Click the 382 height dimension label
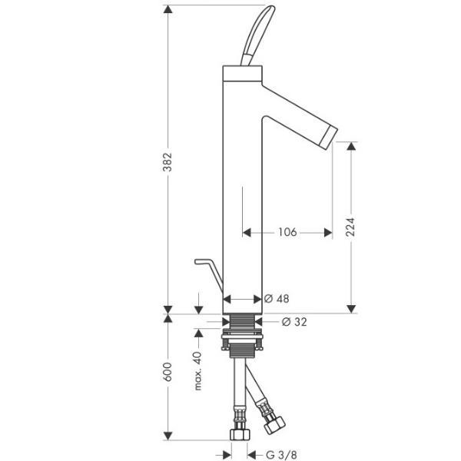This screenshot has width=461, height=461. pos(167,161)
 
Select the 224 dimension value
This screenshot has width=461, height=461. pos(350,227)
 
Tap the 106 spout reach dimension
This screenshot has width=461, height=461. pos(287,232)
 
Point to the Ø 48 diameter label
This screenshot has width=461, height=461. pos(277,299)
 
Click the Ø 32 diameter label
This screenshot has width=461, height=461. pos(294,322)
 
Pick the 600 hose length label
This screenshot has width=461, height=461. pos(167,372)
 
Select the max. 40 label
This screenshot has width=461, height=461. pos(198,371)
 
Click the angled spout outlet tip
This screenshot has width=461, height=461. pos(330,138)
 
